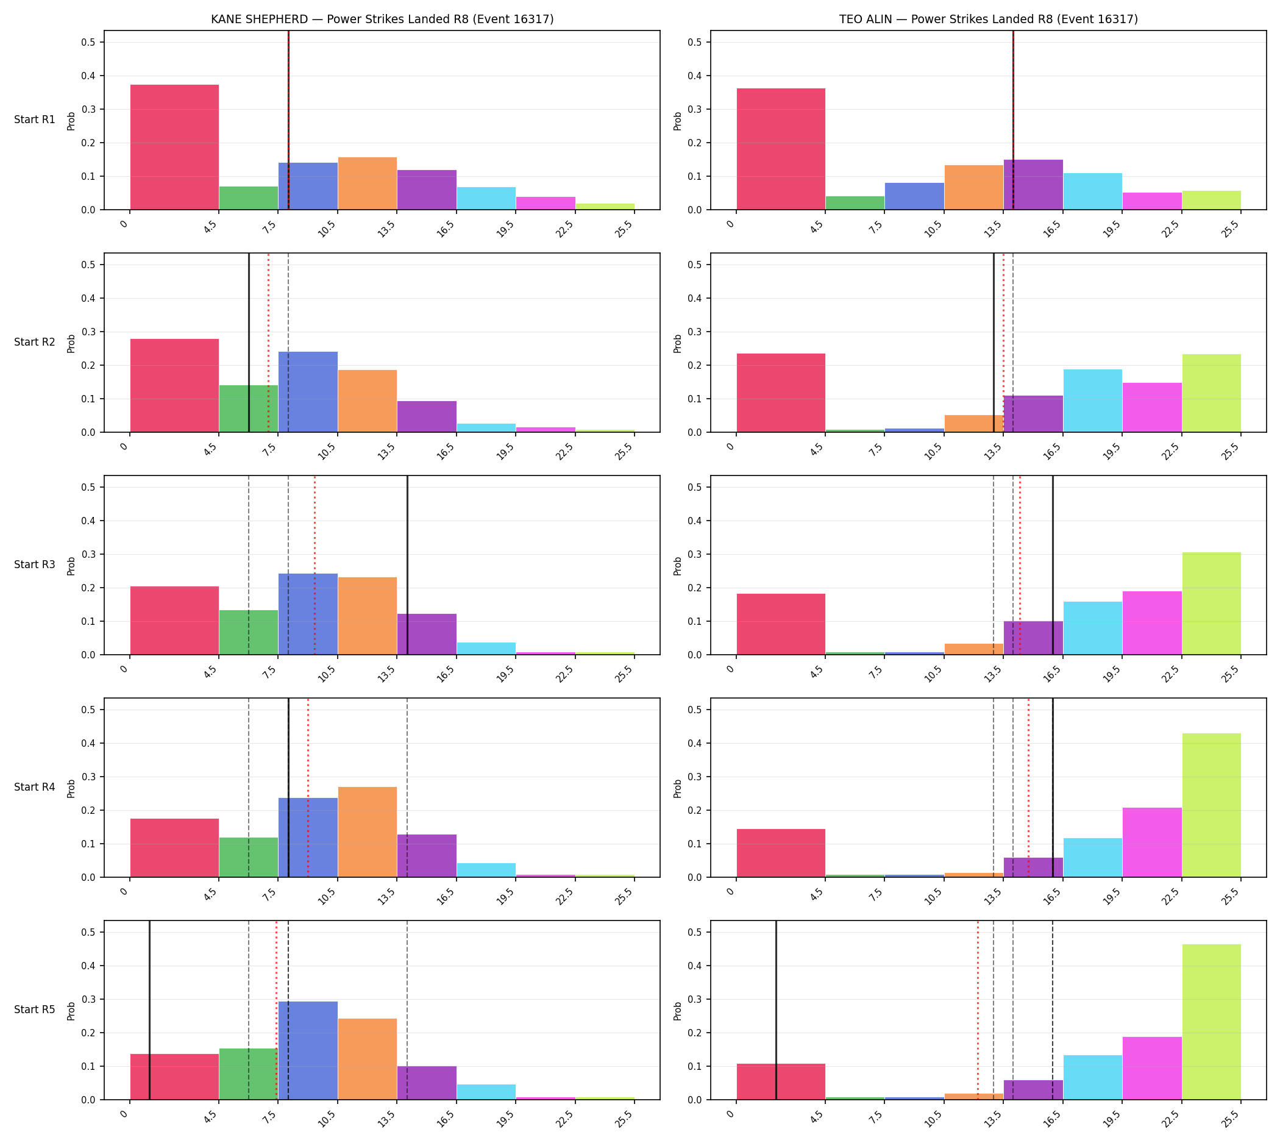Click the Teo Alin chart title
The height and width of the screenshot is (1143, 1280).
pos(988,19)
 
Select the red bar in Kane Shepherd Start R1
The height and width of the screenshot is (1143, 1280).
pos(174,147)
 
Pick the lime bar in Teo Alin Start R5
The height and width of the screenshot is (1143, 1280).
pos(1212,1022)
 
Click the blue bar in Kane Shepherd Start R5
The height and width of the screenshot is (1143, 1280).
pos(308,1051)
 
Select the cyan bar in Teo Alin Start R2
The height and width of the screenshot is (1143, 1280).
pos(1093,401)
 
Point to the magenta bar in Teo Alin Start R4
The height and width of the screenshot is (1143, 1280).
pos(1152,842)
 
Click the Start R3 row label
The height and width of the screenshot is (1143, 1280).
pos(35,564)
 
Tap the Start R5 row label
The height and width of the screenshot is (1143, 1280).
pos(35,1010)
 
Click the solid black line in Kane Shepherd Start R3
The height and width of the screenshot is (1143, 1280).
pos(407,565)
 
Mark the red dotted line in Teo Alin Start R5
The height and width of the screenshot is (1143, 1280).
pos(977,1010)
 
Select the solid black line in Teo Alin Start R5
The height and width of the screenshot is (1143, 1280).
pos(776,1010)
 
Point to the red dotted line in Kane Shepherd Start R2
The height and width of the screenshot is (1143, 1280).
pos(268,343)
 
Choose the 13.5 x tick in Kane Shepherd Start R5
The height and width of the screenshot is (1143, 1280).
pos(386,1120)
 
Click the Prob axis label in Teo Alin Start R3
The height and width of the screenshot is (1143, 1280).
pos(678,566)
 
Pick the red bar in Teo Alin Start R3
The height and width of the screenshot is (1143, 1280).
pos(781,624)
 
